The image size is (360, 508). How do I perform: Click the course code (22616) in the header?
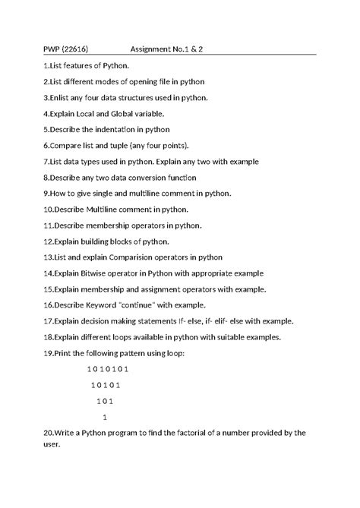[x=74, y=49]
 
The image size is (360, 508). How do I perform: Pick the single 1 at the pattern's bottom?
[x=104, y=417]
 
